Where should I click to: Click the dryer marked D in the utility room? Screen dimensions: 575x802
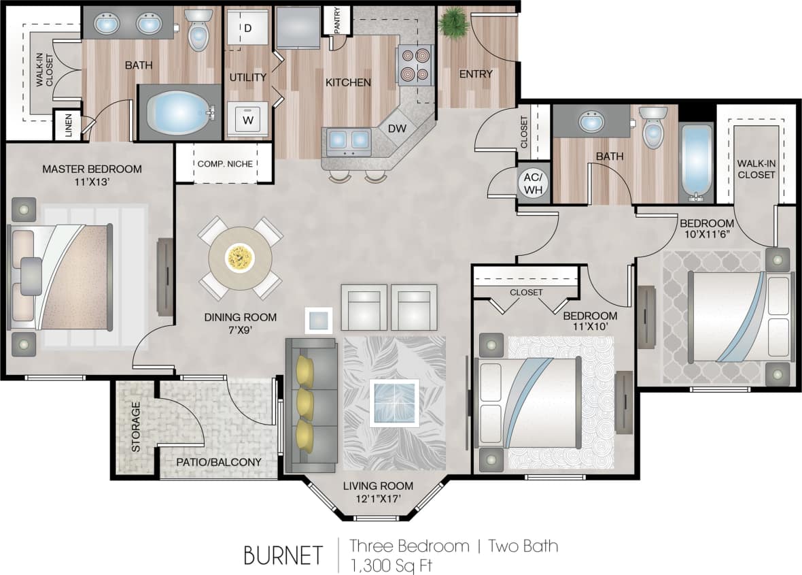click(x=247, y=29)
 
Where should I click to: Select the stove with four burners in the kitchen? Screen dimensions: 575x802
click(x=415, y=64)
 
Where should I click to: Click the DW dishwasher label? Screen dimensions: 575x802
click(x=397, y=127)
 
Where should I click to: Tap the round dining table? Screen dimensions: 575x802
click(x=240, y=258)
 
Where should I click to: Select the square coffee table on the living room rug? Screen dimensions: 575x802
click(x=394, y=403)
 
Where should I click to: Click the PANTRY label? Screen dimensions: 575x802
click(x=337, y=21)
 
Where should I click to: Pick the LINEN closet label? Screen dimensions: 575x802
click(x=68, y=126)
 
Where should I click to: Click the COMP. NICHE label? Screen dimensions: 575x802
click(x=224, y=164)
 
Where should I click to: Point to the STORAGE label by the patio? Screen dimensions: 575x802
click(x=135, y=427)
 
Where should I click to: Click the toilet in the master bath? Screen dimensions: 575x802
click(x=198, y=31)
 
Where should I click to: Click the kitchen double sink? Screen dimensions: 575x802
click(x=349, y=139)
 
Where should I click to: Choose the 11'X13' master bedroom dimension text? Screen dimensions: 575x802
click(x=92, y=182)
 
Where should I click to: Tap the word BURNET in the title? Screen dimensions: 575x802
click(x=283, y=555)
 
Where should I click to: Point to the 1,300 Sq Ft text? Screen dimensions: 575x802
click(x=391, y=564)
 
